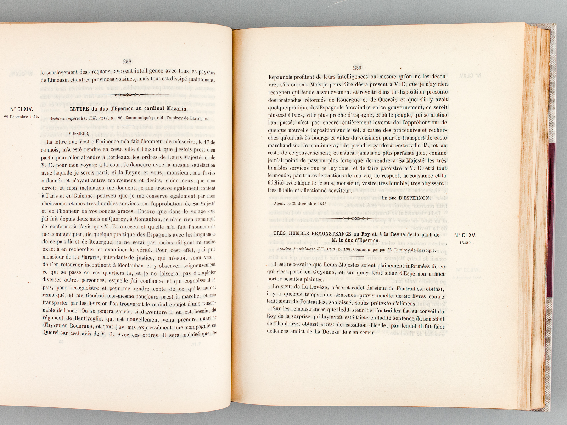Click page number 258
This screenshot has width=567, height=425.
[127, 61]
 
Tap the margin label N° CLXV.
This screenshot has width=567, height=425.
[466, 235]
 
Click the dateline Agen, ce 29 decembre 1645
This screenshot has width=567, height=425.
[300, 204]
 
